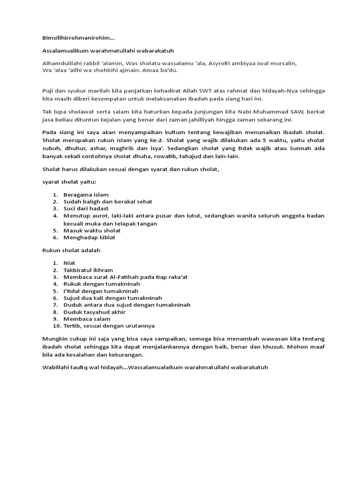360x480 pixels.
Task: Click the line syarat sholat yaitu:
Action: (x=69, y=181)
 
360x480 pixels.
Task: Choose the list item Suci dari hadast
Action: (x=86, y=209)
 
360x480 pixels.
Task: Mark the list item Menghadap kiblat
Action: (x=90, y=237)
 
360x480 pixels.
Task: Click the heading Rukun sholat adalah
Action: (x=71, y=250)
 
